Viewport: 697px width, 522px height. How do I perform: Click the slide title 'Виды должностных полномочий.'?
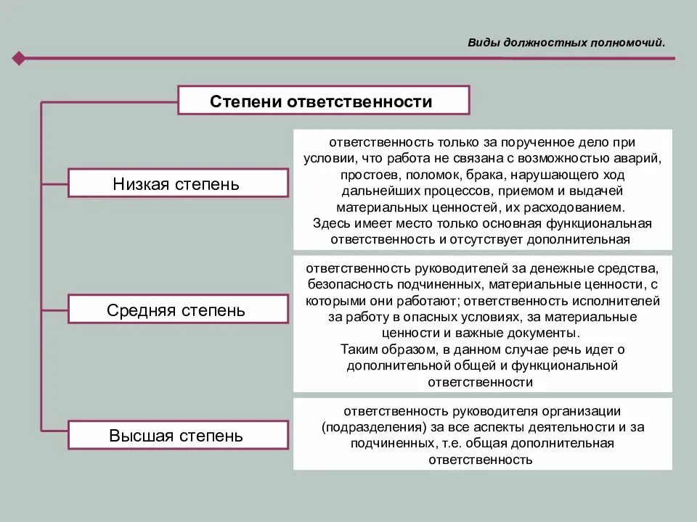566,42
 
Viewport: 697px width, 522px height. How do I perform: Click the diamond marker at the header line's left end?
19,58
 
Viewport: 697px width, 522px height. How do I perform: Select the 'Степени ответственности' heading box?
323,101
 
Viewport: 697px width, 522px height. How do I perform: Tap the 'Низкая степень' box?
176,183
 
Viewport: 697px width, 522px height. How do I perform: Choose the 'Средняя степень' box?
176,310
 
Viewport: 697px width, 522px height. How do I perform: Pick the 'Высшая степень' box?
176,436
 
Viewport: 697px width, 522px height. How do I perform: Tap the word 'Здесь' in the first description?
328,223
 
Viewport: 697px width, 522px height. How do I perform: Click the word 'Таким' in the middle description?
356,349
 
